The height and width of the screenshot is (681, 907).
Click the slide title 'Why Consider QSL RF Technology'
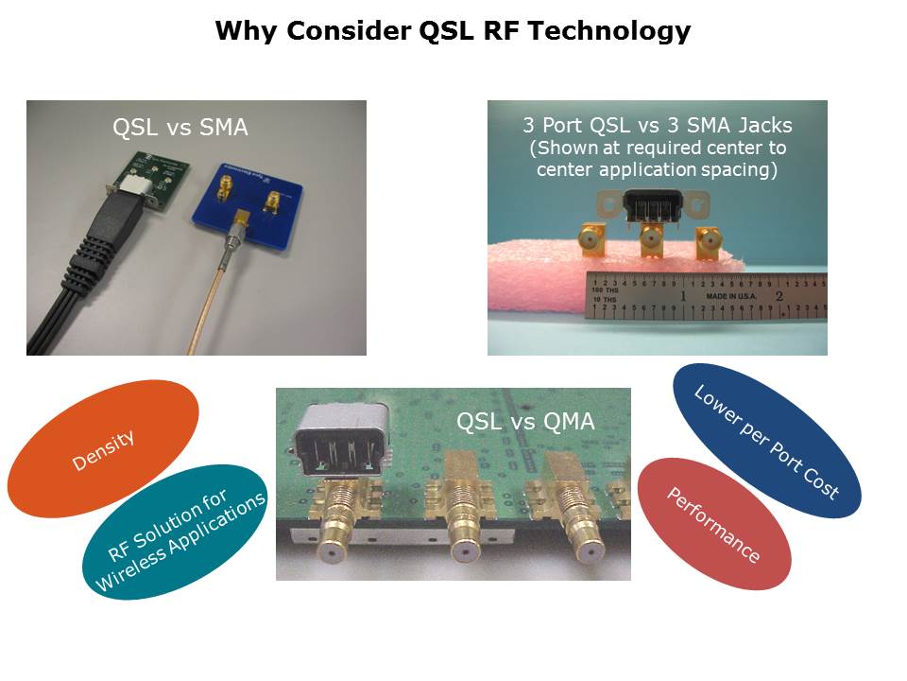click(x=453, y=31)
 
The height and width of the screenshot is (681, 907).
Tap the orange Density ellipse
click(x=103, y=447)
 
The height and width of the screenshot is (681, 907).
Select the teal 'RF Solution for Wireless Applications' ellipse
click(x=181, y=531)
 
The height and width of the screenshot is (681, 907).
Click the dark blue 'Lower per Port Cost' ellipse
click(x=766, y=440)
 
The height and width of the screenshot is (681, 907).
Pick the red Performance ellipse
click(x=714, y=524)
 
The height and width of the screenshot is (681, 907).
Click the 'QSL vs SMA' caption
click(x=180, y=128)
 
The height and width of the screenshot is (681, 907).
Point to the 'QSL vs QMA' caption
click(x=525, y=422)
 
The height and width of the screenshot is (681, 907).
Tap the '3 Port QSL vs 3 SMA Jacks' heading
click(x=658, y=125)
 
